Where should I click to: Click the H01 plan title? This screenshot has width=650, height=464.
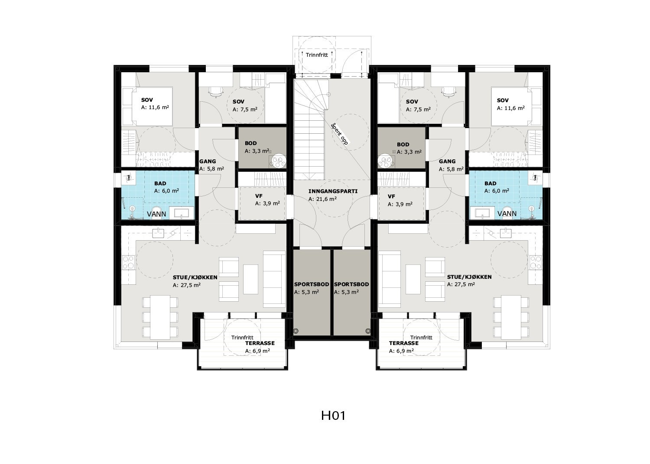333,416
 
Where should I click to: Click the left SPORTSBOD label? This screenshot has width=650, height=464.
312,284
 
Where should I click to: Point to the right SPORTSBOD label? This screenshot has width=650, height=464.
351,284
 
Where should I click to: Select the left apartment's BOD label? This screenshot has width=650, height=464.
250,143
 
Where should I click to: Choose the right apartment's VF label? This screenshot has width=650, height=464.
391,196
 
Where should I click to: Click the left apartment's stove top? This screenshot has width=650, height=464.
129,262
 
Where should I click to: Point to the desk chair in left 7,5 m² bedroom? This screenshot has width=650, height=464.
215,91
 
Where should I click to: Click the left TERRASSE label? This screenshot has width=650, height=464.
259,343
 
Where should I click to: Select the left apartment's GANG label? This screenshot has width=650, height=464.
208,161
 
